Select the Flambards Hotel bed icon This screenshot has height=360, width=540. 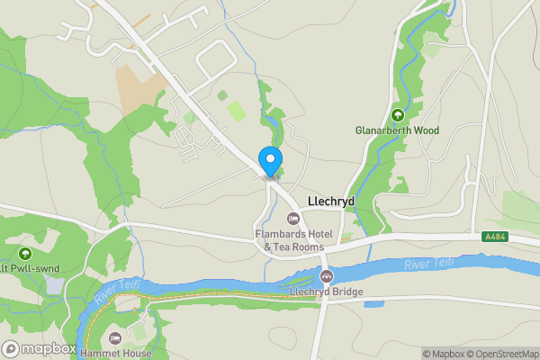(292, 219)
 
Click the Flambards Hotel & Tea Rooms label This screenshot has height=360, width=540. (293, 240)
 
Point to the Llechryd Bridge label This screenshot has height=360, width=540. (326, 292)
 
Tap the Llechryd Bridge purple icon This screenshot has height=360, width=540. (326, 276)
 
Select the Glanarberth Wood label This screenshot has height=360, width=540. (397, 130)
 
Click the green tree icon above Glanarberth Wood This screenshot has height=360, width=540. (397, 114)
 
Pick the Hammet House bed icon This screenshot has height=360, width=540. (113, 338)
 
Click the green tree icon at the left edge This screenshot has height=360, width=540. (24, 255)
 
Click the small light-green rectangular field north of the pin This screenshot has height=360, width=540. (235, 111)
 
